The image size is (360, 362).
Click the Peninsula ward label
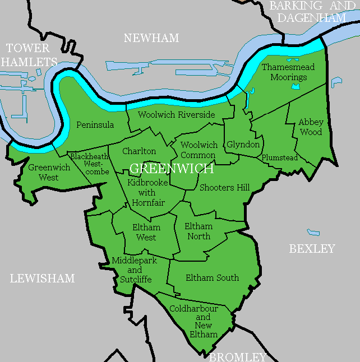pyautogui.click(x=95, y=124)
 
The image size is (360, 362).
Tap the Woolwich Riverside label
pyautogui.click(x=177, y=115)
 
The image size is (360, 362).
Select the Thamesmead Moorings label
pyautogui.click(x=288, y=72)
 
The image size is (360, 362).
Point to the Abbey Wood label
pyautogui.click(x=310, y=127)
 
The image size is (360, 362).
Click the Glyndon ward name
pyautogui.click(x=243, y=145)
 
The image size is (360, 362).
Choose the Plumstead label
pyautogui.click(x=279, y=158)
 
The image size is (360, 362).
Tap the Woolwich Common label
pyautogui.click(x=199, y=150)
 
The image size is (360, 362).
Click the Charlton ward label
pyautogui.click(x=139, y=151)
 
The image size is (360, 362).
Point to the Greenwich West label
pyautogui.click(x=43, y=173)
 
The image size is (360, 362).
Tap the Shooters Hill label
pyautogui.click(x=224, y=188)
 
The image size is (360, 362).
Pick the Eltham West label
pyautogui.click(x=146, y=233)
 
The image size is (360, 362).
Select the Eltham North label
pyautogui.click(x=199, y=231)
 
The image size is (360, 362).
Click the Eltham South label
pyautogui.click(x=212, y=277)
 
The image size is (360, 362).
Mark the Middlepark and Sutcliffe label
pyautogui.click(x=134, y=270)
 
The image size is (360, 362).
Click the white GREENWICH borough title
pyautogui.click(x=171, y=169)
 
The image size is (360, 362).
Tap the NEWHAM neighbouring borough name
pyautogui.click(x=151, y=38)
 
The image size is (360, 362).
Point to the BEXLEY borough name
pyautogui.click(x=312, y=249)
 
